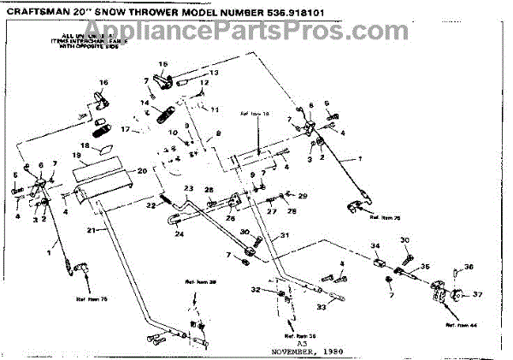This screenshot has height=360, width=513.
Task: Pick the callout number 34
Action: [x=374, y=247]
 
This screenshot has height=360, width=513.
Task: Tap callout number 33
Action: [x=322, y=305]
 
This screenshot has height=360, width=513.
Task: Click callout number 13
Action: [x=215, y=74]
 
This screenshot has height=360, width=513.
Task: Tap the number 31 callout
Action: [x=285, y=236]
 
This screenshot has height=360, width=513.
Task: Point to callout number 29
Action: [x=302, y=197]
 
